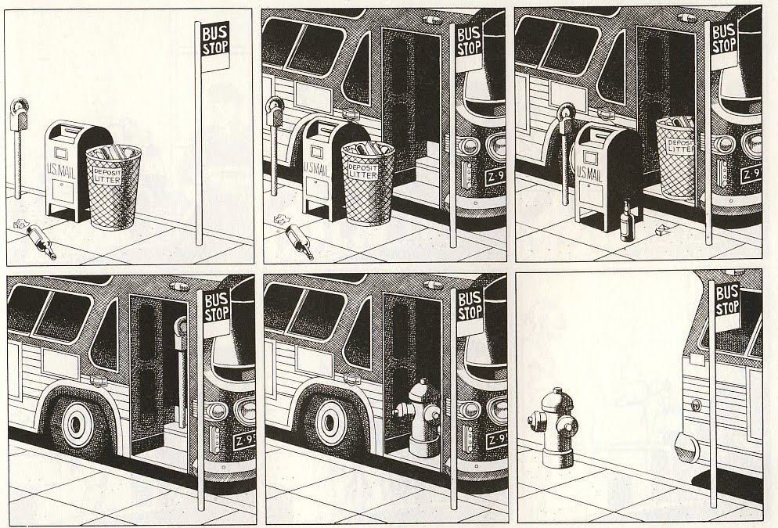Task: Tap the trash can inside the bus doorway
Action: coord(676,156)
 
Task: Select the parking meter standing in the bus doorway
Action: coord(181,372)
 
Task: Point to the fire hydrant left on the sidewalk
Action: coord(553,428)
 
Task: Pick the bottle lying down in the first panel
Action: coord(41,241)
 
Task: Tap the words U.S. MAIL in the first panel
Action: coord(61,172)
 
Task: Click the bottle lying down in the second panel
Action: coord(300,241)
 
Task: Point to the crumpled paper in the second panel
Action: coord(281,219)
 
